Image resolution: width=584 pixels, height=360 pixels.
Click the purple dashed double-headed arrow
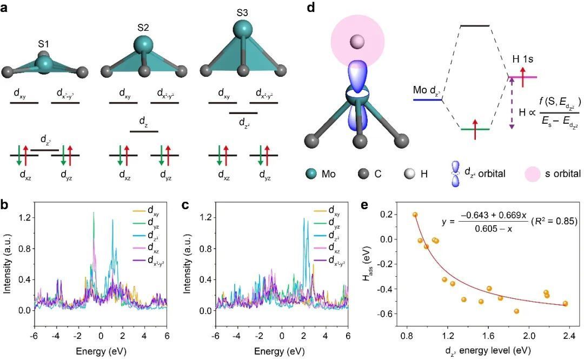511,103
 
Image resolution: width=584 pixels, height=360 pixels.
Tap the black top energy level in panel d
474,25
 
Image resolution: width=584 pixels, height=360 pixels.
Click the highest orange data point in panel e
415,215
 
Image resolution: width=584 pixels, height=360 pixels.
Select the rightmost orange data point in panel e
566,304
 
